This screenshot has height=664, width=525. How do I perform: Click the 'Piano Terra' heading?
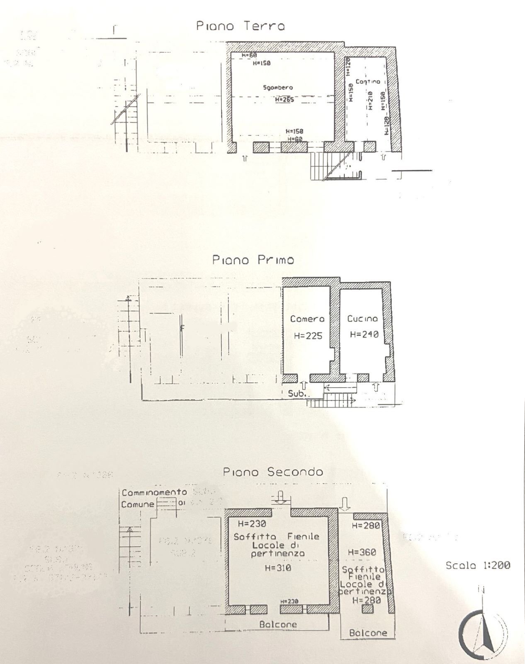click(241, 26)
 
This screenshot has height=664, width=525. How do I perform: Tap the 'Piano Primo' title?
click(253, 260)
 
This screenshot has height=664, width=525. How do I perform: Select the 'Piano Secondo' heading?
click(273, 472)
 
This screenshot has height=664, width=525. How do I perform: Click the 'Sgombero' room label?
click(278, 88)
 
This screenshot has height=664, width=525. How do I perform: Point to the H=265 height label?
click(284, 100)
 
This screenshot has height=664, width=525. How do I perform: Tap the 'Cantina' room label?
click(368, 82)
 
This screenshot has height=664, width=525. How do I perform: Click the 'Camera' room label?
click(307, 319)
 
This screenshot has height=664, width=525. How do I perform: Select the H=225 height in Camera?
click(308, 336)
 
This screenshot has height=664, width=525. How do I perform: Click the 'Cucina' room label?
click(362, 319)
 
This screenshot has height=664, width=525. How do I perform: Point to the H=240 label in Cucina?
click(364, 334)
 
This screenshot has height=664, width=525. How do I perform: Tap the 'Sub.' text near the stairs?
click(297, 393)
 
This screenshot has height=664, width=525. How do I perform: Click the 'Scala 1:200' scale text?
click(478, 565)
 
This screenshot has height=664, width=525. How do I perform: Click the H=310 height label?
click(278, 568)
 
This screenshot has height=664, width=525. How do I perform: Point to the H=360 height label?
click(362, 552)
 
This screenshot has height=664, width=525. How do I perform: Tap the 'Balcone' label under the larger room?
click(278, 624)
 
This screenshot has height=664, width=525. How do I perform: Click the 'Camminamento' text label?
click(154, 492)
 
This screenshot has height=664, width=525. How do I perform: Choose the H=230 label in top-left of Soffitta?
click(252, 524)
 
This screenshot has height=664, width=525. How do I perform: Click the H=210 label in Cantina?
click(370, 100)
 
